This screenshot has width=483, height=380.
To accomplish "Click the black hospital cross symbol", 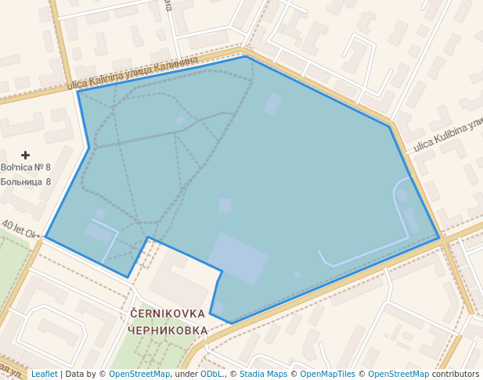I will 25,156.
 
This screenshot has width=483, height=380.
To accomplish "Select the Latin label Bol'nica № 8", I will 26,167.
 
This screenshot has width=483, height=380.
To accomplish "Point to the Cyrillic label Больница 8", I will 26,181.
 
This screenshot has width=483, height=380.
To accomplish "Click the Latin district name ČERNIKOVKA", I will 168,314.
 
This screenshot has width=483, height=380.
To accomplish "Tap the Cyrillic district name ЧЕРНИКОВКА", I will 168,330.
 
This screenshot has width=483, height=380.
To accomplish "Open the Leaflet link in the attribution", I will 44,374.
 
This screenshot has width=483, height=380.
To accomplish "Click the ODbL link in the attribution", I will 213,374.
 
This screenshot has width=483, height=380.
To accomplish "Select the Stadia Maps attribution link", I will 263,374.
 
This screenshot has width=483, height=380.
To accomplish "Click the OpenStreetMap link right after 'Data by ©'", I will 139,374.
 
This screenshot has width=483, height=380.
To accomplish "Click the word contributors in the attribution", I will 455,374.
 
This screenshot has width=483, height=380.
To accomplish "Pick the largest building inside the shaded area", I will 238,258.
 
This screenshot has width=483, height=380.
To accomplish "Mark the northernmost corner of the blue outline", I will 245,56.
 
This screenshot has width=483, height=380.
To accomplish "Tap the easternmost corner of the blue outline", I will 439,236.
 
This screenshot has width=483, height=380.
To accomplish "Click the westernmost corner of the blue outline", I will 45,237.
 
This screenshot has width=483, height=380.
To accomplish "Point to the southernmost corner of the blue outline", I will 232,323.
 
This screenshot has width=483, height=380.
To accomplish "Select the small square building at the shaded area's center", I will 225,206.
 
